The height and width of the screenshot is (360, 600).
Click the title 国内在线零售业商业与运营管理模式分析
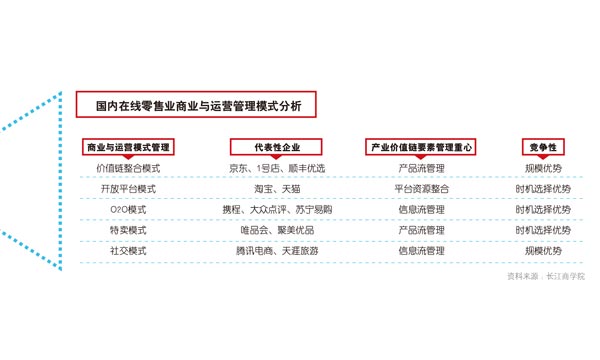tap(199, 106)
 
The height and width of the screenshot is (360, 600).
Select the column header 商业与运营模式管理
tap(128, 147)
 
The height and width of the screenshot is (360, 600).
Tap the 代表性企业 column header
tap(277, 147)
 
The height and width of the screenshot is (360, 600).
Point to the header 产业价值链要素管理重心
tap(421, 147)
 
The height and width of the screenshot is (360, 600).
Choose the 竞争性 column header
tap(543, 147)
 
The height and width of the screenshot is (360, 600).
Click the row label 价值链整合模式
tap(128, 168)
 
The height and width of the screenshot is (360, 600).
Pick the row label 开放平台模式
tap(128, 189)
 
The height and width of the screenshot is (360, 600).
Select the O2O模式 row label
tap(128, 210)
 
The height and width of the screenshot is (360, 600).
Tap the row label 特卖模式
tap(128, 230)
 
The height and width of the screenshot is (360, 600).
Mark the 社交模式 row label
tap(128, 251)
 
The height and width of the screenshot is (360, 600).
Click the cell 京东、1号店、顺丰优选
tap(277, 168)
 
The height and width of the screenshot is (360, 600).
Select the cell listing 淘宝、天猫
tap(277, 189)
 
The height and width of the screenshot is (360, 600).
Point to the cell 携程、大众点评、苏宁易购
tap(277, 210)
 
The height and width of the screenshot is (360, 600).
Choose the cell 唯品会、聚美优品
tap(277, 230)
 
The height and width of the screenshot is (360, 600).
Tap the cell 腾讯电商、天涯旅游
tap(277, 251)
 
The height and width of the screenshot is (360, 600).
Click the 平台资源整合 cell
tap(421, 189)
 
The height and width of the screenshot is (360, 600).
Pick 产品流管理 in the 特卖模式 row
tap(421, 230)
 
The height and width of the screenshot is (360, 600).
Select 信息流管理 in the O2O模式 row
tap(421, 210)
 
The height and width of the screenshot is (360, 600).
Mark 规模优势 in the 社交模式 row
tap(543, 251)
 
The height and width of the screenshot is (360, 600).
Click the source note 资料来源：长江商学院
tap(546, 276)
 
